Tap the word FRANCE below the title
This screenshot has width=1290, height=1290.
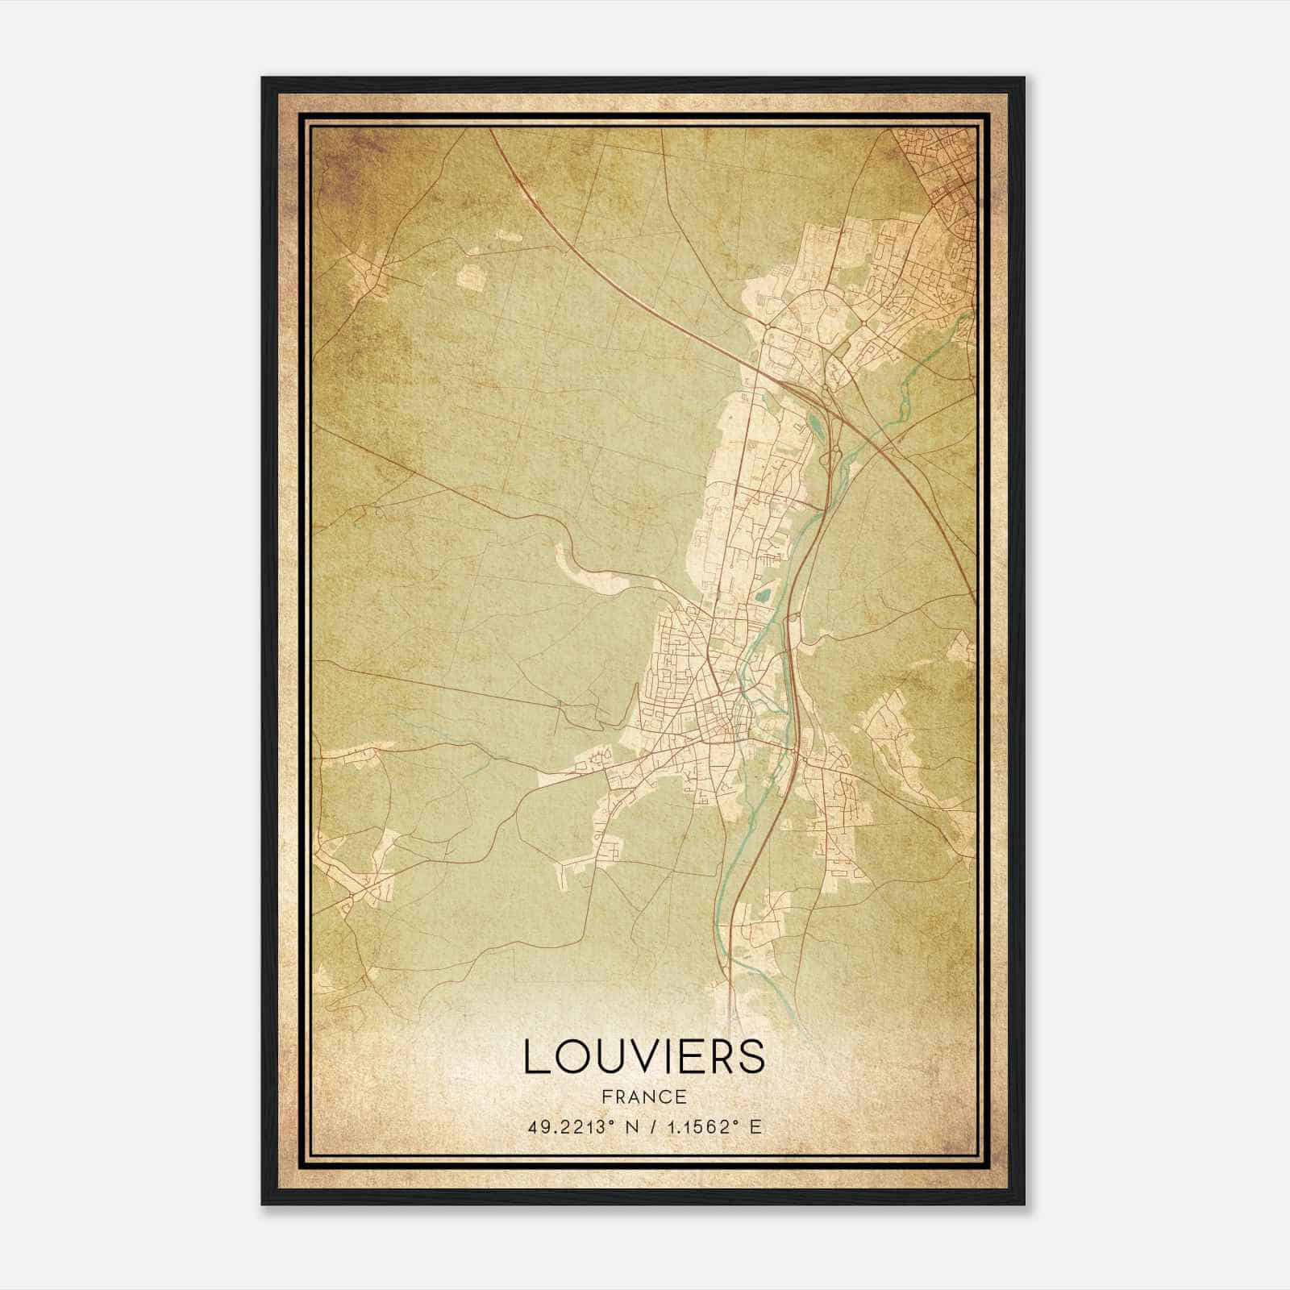[x=644, y=1097]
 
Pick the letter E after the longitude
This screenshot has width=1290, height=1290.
[x=755, y=1127]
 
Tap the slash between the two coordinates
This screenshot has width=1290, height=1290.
[x=654, y=1127]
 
